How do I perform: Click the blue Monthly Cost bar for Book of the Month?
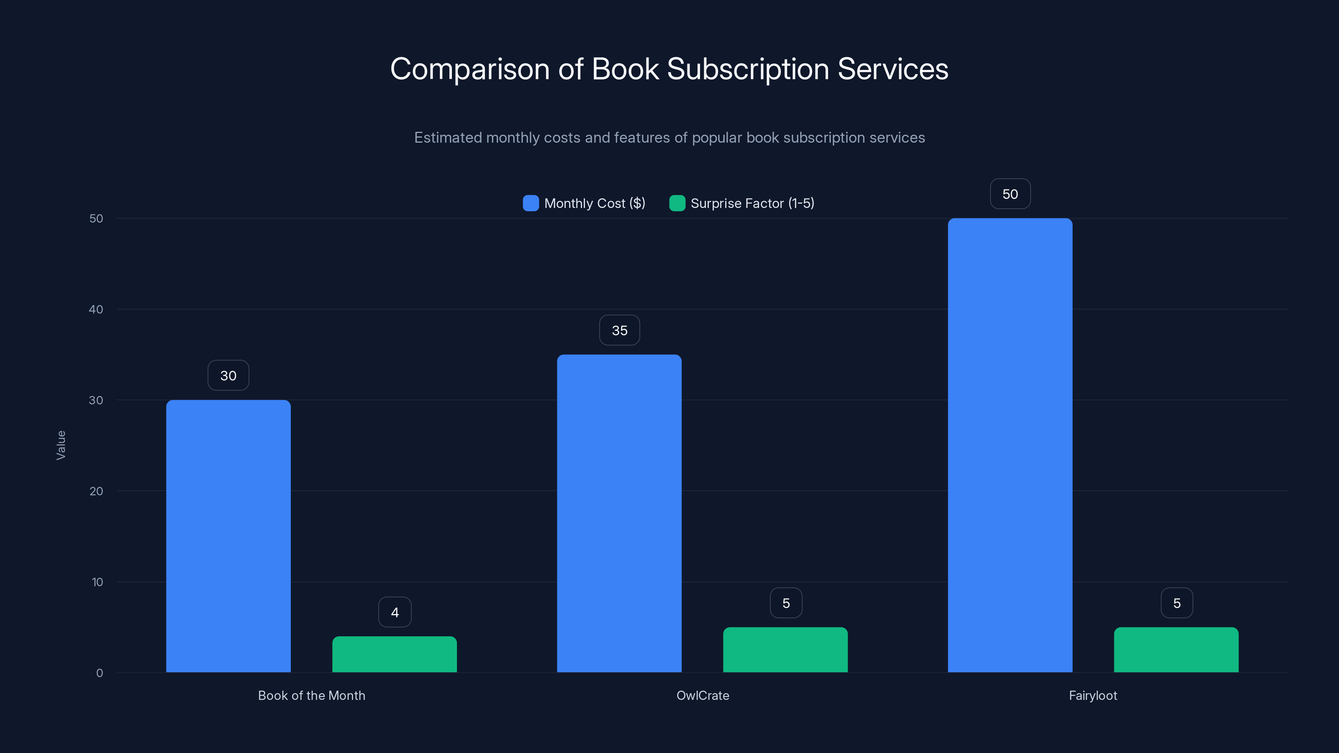pyautogui.click(x=228, y=535)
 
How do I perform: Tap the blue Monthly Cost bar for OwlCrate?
pyautogui.click(x=619, y=513)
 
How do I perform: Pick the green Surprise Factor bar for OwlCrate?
pyautogui.click(x=785, y=650)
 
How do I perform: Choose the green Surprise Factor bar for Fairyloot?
pyautogui.click(x=1176, y=650)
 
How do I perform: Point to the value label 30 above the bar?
pyautogui.click(x=228, y=375)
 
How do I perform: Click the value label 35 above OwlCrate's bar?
pyautogui.click(x=619, y=330)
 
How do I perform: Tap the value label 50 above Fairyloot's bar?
pyautogui.click(x=1010, y=194)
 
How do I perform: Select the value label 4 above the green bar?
pyautogui.click(x=395, y=612)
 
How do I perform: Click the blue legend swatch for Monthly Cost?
pyautogui.click(x=531, y=203)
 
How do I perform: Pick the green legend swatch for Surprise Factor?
pyautogui.click(x=677, y=203)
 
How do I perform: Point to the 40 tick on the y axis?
pyautogui.click(x=96, y=309)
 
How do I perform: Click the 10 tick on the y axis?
pyautogui.click(x=97, y=582)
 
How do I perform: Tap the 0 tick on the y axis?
pyautogui.click(x=99, y=673)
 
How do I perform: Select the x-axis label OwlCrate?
pyautogui.click(x=702, y=695)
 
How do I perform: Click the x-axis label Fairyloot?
pyautogui.click(x=1093, y=695)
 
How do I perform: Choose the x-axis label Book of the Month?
pyautogui.click(x=311, y=695)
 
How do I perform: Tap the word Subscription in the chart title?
pyautogui.click(x=747, y=69)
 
